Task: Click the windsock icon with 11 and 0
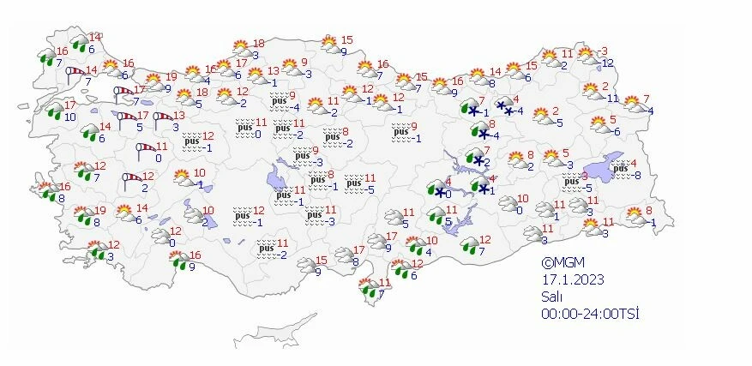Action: point(144,151)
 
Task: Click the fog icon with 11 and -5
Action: point(352,182)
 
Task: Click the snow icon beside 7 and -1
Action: point(471,108)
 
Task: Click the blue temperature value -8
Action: point(637,175)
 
